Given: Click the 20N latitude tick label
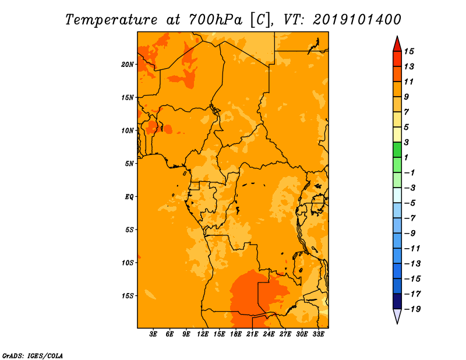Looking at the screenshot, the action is pyautogui.click(x=127, y=65).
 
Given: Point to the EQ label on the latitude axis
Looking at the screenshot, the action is pyautogui.click(x=129, y=197).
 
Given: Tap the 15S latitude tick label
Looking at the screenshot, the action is pyautogui.click(x=128, y=296).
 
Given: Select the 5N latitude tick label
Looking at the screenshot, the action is pyautogui.click(x=129, y=164).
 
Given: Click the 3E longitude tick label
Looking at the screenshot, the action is pyautogui.click(x=153, y=334).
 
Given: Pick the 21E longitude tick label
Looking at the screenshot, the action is pyautogui.click(x=252, y=334).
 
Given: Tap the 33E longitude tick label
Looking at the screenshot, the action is pyautogui.click(x=318, y=334).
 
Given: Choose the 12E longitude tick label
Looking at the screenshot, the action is pyautogui.click(x=203, y=334).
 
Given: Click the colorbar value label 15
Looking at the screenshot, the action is pyautogui.click(x=409, y=51).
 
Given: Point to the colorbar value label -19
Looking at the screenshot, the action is pyautogui.click(x=412, y=309).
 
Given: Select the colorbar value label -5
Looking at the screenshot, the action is pyautogui.click(x=410, y=203).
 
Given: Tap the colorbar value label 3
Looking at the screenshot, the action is pyautogui.click(x=407, y=142).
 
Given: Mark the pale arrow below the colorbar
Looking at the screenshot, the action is pyautogui.click(x=397, y=315).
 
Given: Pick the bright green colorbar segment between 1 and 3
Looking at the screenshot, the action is pyautogui.click(x=397, y=150).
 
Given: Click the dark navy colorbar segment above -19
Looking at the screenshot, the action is pyautogui.click(x=397, y=301).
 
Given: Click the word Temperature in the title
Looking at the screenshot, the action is pyautogui.click(x=111, y=20).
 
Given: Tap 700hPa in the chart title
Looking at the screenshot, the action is pyautogui.click(x=215, y=20).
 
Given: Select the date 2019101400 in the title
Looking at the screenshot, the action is pyautogui.click(x=357, y=20).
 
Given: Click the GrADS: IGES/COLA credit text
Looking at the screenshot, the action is pyautogui.click(x=33, y=355).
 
